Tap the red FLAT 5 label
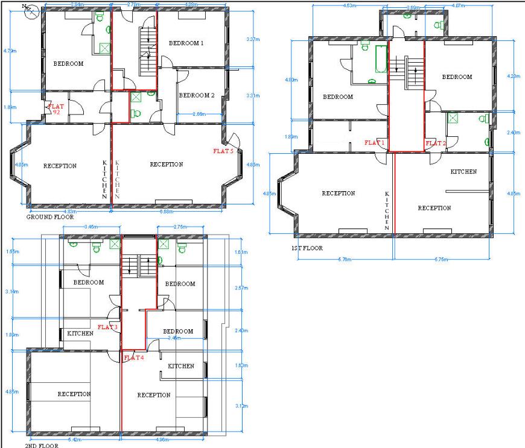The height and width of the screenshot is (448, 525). [x=224, y=151]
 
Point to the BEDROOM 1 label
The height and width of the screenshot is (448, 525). [x=186, y=43]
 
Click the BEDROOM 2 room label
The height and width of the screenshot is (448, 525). [x=197, y=95]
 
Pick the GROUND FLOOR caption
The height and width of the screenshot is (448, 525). [x=50, y=216]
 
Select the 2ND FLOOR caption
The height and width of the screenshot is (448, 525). [x=42, y=446]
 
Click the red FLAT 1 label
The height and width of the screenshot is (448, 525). [x=375, y=143]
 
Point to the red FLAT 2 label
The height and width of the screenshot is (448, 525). [x=435, y=143]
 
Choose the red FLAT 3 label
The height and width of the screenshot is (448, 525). [x=107, y=327]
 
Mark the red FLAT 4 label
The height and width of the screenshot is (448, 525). [x=133, y=358]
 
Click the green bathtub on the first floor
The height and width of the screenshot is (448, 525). [x=380, y=62]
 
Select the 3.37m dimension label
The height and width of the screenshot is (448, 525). [x=253, y=40]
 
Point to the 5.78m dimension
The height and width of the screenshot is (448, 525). [x=346, y=259]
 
